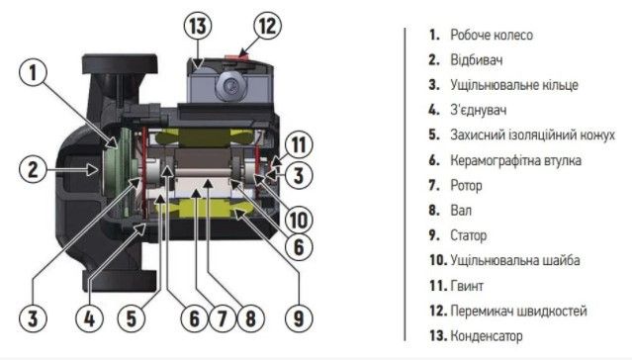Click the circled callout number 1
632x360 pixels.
(x=33, y=73)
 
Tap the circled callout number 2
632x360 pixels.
(x=33, y=169)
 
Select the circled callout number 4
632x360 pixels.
(x=89, y=318)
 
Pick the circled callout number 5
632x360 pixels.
(x=132, y=318)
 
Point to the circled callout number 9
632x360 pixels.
(x=299, y=318)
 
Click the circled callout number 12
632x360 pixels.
(x=267, y=26)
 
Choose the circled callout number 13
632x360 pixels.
(x=198, y=26)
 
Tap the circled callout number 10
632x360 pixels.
(x=299, y=220)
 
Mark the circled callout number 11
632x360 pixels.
(x=299, y=144)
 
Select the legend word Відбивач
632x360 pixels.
(x=477, y=60)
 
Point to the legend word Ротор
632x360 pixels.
(x=466, y=186)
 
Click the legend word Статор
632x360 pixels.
(x=469, y=235)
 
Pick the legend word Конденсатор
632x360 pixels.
(x=486, y=335)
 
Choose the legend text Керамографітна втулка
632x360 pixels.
(x=515, y=160)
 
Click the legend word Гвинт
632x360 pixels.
(x=467, y=286)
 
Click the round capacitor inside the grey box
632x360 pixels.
(x=231, y=85)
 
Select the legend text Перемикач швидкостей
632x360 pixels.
(x=518, y=311)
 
